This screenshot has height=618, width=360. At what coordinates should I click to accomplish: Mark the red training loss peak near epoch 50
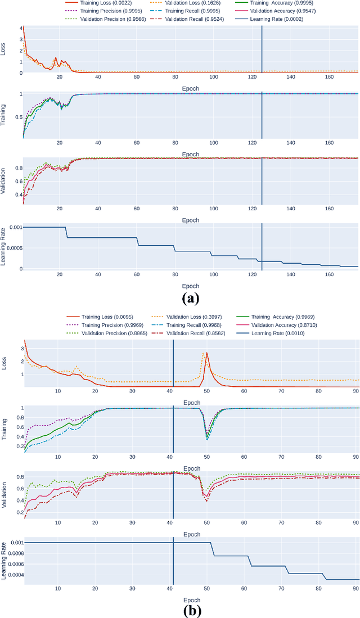[207, 353]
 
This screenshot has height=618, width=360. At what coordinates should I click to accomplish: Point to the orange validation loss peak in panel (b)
[204, 353]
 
